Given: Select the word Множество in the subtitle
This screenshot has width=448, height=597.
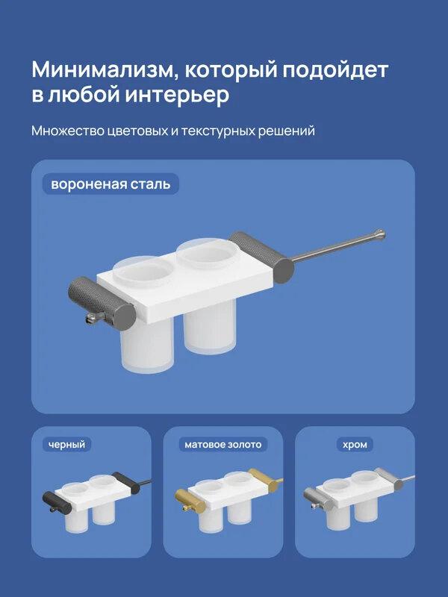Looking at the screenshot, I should tap(63, 131).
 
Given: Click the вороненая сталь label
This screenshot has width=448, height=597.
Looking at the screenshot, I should tap(111, 183).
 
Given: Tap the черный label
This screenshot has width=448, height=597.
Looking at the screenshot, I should tap(68, 445).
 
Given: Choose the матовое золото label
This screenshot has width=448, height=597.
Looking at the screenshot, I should tap(223, 445).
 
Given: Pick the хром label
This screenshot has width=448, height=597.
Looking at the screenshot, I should tap(355, 445).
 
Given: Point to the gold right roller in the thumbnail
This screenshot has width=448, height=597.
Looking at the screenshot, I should tap(264, 478).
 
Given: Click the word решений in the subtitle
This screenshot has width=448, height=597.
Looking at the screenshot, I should tap(287, 131).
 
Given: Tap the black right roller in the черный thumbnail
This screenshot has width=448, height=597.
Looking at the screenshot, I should tap(124, 481).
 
